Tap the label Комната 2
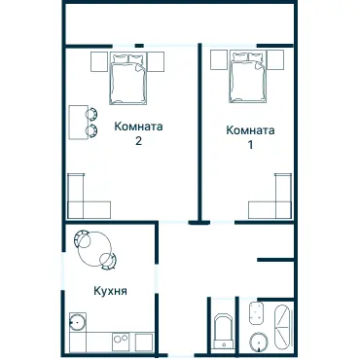tap(138, 133)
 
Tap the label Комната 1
tap(250, 137)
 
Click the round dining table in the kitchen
tap(93, 244)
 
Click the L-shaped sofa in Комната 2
tap(86, 199)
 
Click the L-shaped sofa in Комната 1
tap(274, 198)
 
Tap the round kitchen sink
tap(76, 322)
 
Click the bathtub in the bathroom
tap(283, 327)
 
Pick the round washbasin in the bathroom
tap(258, 341)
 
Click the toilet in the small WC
tap(221, 330)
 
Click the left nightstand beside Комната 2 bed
tap(98, 61)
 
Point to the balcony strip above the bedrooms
tap(179, 21)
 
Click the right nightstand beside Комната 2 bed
tap(157, 61)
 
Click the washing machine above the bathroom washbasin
tap(258, 313)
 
